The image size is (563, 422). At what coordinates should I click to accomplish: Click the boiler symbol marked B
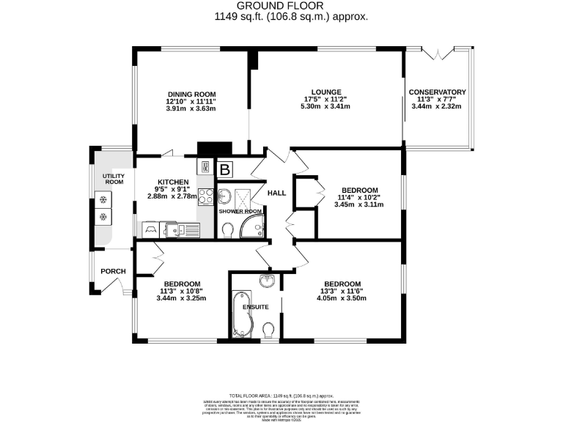226,169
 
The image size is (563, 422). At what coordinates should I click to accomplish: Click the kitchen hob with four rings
205,196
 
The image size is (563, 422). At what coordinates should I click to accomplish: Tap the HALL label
276,193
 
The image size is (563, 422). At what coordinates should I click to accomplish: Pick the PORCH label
114,272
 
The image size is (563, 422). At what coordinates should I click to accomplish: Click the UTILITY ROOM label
114,179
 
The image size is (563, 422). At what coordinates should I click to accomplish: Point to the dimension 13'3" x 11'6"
342,292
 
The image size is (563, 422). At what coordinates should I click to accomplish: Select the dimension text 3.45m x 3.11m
358,204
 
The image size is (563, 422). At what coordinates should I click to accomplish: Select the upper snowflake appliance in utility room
103,199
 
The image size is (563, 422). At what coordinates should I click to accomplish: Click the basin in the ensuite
266,281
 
